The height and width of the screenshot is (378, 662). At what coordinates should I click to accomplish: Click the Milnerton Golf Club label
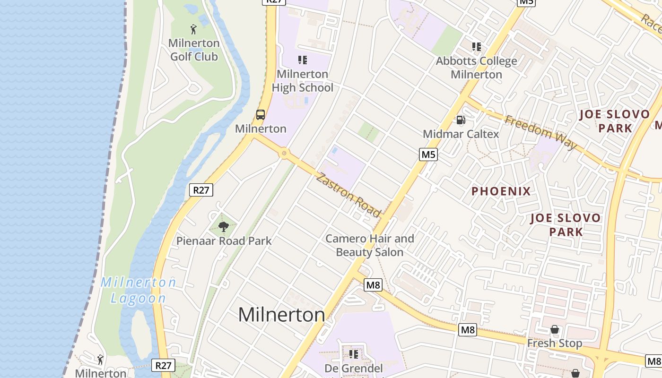tap(194, 50)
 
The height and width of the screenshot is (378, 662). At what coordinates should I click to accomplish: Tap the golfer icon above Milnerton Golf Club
tap(193, 29)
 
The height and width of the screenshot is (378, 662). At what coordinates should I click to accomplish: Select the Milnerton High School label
tap(303, 81)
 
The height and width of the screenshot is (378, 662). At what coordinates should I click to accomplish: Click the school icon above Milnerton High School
tap(303, 60)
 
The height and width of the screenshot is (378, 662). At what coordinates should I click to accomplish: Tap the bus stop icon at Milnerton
tap(261, 114)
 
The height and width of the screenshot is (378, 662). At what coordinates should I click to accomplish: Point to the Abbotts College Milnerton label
tap(476, 68)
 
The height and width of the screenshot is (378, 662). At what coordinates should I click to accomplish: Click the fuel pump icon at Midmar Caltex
tap(461, 120)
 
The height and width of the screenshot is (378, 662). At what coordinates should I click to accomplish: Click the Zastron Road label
tap(348, 195)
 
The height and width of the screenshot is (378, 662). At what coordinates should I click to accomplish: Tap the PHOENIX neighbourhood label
tap(501, 191)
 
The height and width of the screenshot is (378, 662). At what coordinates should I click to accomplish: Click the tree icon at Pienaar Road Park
tap(224, 227)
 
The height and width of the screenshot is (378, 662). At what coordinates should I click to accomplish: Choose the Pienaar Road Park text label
tap(224, 241)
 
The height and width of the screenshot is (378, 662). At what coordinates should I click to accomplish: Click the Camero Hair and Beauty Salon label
tap(369, 245)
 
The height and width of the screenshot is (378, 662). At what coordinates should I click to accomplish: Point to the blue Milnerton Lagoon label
tap(138, 290)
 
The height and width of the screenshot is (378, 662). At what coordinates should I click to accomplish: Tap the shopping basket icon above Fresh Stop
tap(555, 329)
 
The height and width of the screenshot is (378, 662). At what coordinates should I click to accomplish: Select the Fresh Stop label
tap(555, 343)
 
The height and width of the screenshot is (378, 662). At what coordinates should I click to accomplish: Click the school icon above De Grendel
tap(354, 354)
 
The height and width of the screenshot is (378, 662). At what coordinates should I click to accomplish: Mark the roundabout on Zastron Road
tap(284, 153)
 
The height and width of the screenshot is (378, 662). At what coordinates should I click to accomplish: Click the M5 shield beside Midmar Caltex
tap(428, 154)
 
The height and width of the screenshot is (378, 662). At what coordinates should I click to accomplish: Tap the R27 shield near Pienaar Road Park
tap(201, 190)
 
